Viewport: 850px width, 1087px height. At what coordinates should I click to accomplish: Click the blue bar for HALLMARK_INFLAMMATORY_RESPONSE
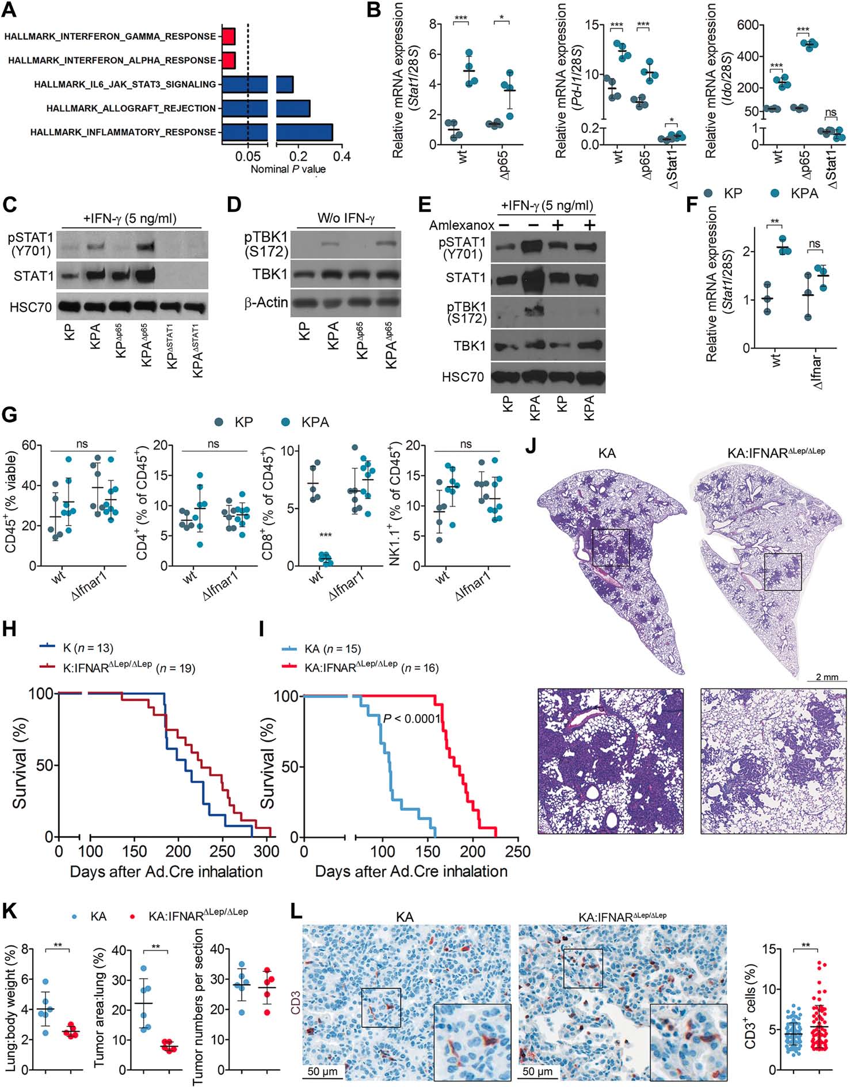pos(276,132)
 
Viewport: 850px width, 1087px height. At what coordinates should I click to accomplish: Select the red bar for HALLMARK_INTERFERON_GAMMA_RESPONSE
pos(229,36)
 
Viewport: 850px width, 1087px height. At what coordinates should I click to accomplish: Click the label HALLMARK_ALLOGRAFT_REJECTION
pos(131,108)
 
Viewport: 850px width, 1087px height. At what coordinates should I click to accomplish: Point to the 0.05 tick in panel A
pos(248,157)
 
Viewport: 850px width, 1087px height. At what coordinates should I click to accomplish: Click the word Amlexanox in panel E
pos(462,225)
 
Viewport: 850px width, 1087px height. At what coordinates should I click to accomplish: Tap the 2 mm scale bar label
pos(826,676)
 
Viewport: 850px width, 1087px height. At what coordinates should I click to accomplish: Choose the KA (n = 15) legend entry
pos(332,649)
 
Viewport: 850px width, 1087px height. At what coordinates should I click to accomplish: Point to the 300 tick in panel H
pos(266,851)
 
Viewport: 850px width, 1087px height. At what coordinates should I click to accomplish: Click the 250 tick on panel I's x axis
pos(517,851)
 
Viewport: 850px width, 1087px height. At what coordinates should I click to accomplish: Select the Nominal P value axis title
pos(288,169)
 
